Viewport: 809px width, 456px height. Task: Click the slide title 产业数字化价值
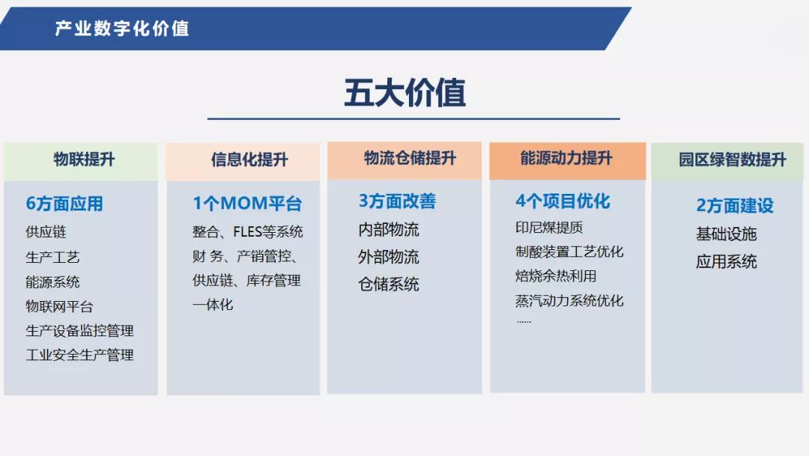[x=122, y=28]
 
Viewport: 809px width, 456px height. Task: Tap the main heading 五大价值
[x=405, y=93]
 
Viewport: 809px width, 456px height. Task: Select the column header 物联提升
[x=84, y=159]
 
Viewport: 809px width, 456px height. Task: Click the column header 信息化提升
[x=249, y=159]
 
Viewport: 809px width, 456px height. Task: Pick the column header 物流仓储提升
[x=410, y=158]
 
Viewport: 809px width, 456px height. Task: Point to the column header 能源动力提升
[x=566, y=158]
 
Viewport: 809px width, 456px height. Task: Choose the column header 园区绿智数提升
[x=732, y=159]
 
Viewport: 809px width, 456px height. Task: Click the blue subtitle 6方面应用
[x=64, y=204]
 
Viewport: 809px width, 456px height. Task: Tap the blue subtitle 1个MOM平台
[x=247, y=203]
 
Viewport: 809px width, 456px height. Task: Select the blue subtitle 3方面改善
[x=397, y=201]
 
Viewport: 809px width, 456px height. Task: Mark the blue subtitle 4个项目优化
[x=563, y=201]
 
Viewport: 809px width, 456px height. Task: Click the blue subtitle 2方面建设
[x=735, y=205]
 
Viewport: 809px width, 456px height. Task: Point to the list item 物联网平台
[x=59, y=306]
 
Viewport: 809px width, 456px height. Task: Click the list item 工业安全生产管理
[x=80, y=355]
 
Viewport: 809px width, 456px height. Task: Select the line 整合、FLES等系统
[x=248, y=231]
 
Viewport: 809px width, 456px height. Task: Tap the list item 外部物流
[x=389, y=257]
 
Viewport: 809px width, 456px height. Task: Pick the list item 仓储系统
[x=389, y=285]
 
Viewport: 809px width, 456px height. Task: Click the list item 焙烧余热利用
[x=556, y=276]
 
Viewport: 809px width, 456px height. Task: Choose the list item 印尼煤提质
[x=549, y=228]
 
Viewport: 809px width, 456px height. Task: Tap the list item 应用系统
[x=727, y=261]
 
